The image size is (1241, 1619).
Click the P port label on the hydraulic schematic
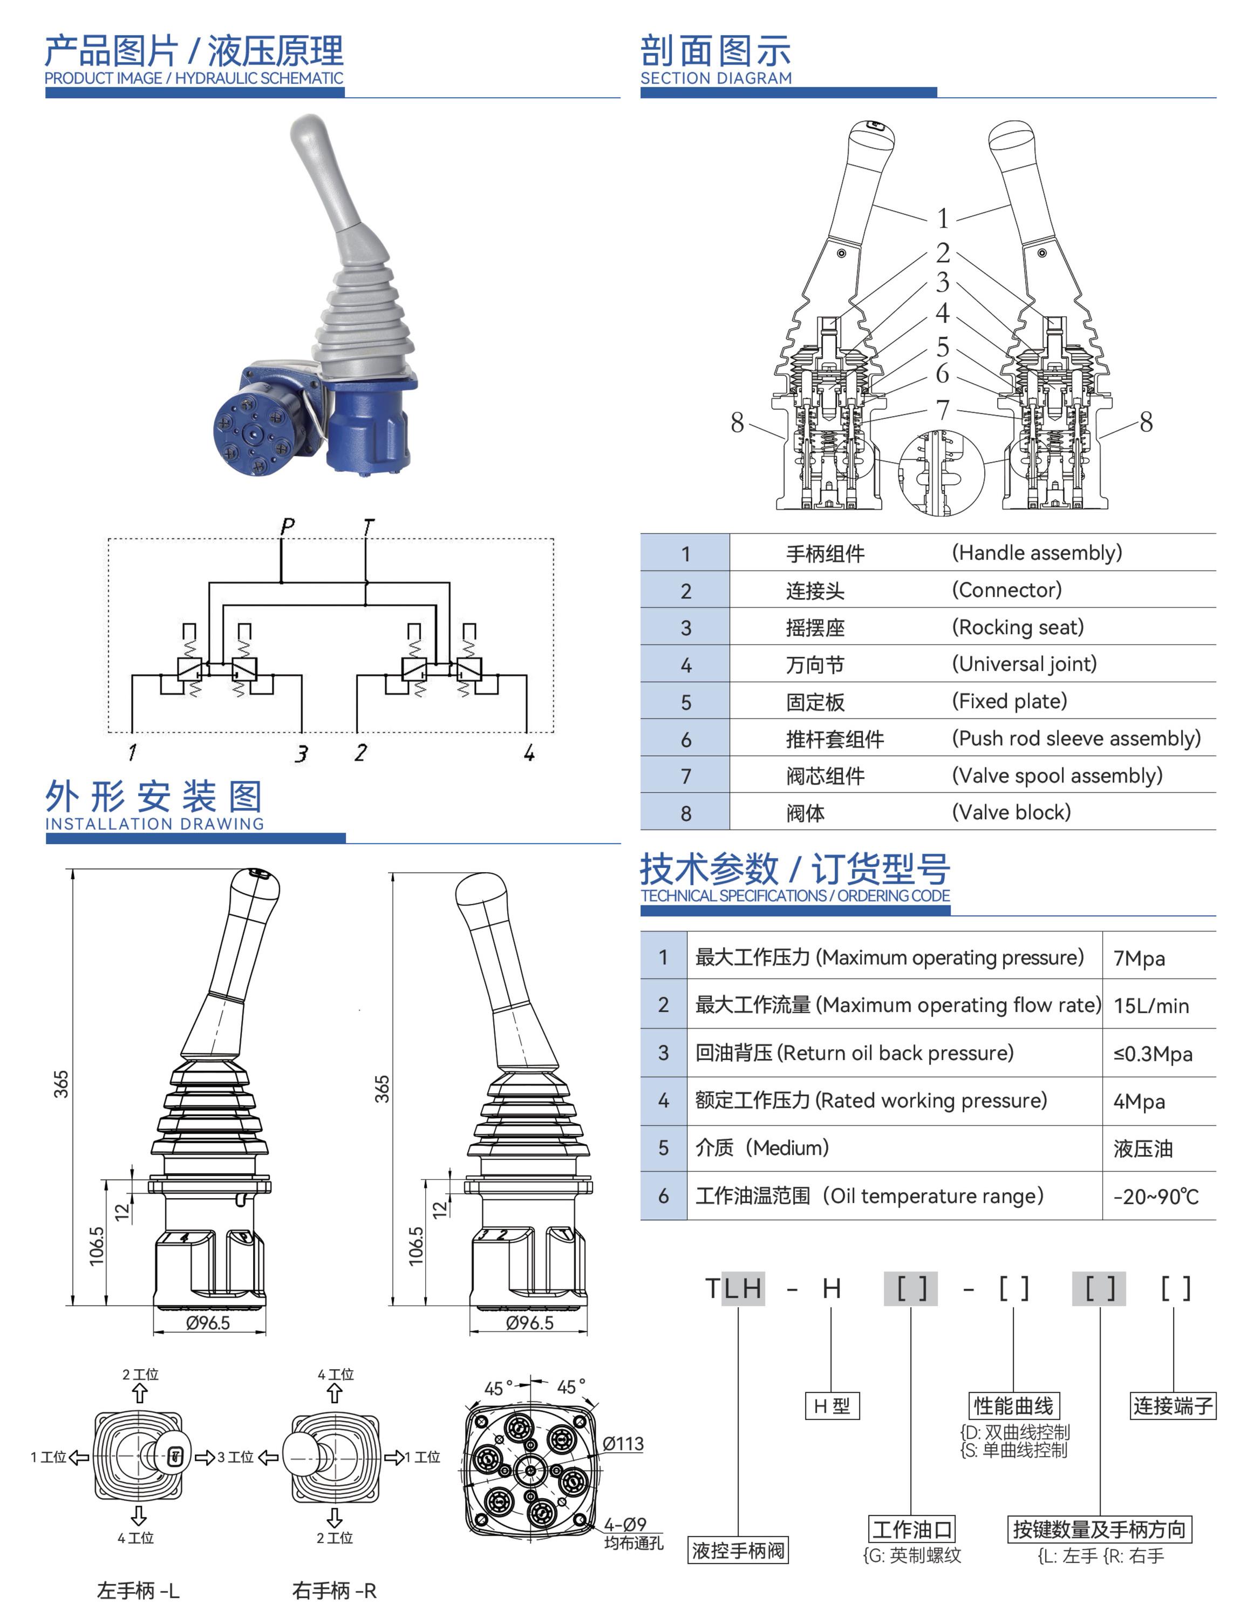288,526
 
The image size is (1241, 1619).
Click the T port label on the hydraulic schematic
369,526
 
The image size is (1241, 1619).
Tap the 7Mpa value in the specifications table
1139,958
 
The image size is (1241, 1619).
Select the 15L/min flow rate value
1151,1006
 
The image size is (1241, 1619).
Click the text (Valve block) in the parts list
1011,812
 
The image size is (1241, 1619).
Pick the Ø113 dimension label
623,1443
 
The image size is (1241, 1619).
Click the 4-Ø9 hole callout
625,1525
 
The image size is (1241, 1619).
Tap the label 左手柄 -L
138,1591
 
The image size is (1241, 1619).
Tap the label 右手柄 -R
334,1591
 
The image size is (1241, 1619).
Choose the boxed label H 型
832,1406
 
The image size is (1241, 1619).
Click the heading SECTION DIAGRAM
716,78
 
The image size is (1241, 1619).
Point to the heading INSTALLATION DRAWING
154,824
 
